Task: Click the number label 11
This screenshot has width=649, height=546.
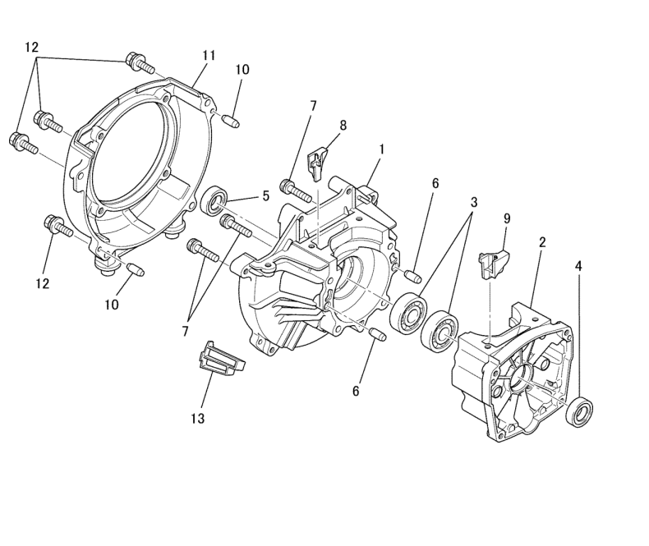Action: [x=209, y=56]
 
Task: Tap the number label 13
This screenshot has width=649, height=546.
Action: [x=198, y=419]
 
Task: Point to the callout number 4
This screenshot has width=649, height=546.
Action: [x=578, y=267]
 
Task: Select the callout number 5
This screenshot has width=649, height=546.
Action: [x=265, y=195]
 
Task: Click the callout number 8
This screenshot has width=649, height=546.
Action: [x=343, y=126]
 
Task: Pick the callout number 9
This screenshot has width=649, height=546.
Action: [x=507, y=219]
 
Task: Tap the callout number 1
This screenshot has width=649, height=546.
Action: [x=382, y=149]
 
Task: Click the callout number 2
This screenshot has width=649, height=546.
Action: [x=542, y=242]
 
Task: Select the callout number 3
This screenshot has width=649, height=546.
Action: [x=474, y=202]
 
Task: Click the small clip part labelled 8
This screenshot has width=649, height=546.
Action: [x=317, y=164]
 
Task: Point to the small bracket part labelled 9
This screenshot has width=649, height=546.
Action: [x=494, y=263]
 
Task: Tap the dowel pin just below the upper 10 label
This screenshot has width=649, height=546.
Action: [x=232, y=122]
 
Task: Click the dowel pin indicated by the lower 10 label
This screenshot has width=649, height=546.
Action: [x=135, y=268]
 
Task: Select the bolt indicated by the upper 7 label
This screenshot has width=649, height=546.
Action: [x=296, y=190]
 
